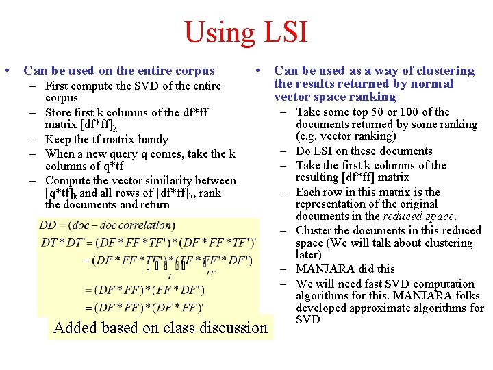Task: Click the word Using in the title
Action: point(220,32)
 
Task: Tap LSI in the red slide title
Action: point(283,32)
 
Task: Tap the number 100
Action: point(400,112)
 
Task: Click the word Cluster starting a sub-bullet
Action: point(314,230)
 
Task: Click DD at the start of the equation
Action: point(48,225)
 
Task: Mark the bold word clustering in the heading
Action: point(444,71)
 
